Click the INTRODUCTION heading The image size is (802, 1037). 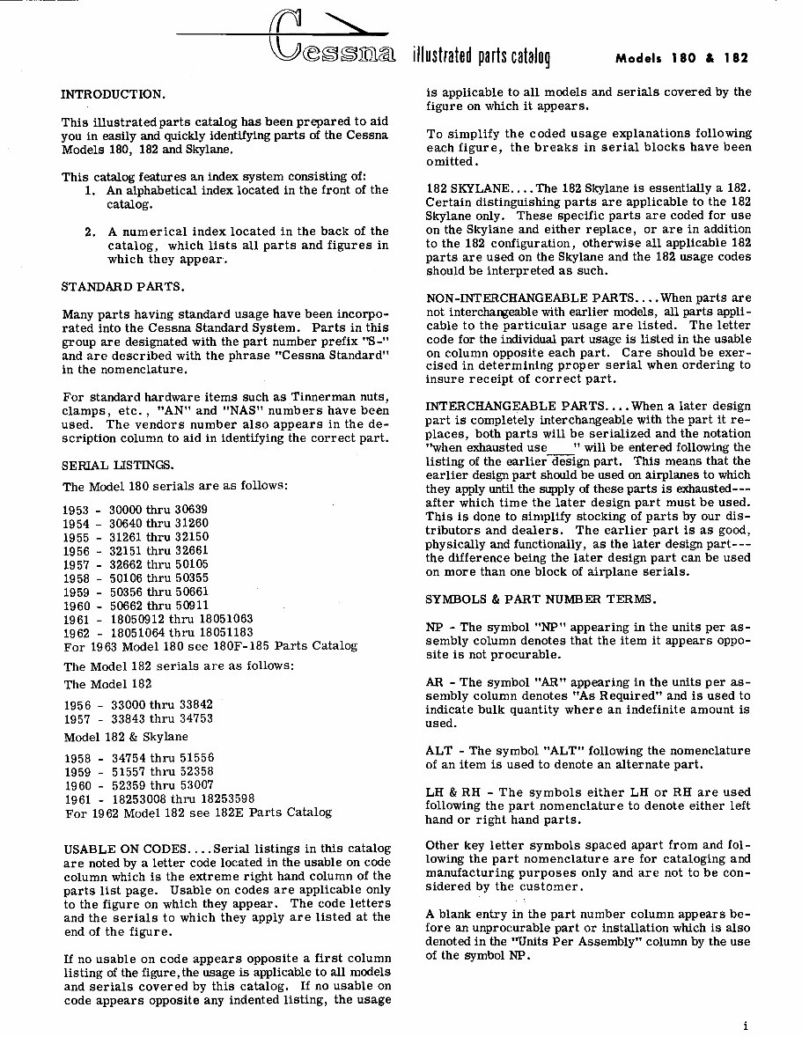[x=112, y=93]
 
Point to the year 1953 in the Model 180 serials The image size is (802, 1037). [x=77, y=510]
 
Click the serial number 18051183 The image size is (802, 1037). [x=223, y=632]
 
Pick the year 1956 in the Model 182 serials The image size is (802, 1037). [x=77, y=705]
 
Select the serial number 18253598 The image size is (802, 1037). [x=224, y=799]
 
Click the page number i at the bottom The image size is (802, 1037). [x=744, y=1025]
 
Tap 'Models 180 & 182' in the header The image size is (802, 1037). [x=682, y=59]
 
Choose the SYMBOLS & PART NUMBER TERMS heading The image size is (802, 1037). [x=541, y=599]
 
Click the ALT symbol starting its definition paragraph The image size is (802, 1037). [x=438, y=751]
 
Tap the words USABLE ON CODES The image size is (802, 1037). [x=124, y=849]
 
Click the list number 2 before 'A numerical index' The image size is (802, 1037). [x=90, y=232]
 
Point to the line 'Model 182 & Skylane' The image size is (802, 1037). [x=126, y=737]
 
